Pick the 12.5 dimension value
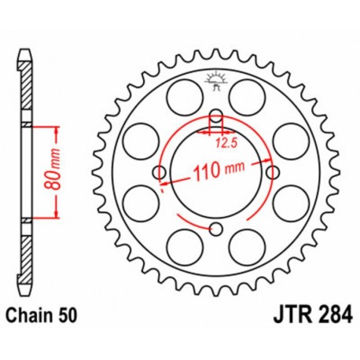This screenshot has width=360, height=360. [x=226, y=143]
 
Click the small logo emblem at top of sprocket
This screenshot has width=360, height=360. [x=216, y=79]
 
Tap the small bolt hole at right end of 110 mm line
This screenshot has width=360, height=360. [x=273, y=171]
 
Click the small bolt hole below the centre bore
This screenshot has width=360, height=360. [x=216, y=229]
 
